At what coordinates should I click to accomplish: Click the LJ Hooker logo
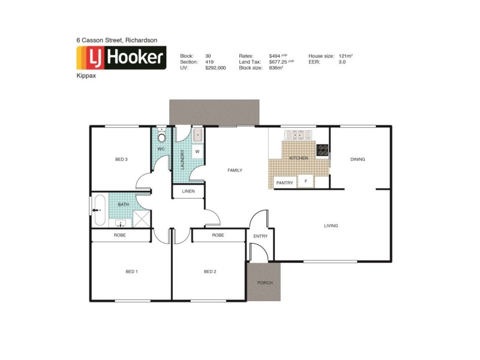[121, 58]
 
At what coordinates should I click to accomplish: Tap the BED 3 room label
[121, 159]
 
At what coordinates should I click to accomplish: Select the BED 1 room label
[131, 272]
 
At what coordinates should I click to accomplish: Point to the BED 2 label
[209, 272]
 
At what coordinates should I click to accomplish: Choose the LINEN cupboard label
[188, 191]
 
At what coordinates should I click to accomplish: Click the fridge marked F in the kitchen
[305, 181]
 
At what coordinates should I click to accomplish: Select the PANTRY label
[284, 182]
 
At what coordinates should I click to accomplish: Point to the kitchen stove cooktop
[322, 149]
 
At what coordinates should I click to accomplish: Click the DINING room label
[358, 159]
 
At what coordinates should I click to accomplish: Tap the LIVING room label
[331, 226]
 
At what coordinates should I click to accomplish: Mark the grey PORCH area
[264, 282]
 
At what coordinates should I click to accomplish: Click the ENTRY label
[260, 236]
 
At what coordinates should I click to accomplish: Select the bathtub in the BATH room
[100, 210]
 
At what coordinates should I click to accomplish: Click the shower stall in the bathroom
[142, 219]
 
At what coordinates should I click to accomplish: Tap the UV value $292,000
[216, 68]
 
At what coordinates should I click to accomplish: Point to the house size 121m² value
[345, 55]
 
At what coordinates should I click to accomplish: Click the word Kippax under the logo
[85, 77]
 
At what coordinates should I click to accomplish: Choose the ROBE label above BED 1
[120, 235]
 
